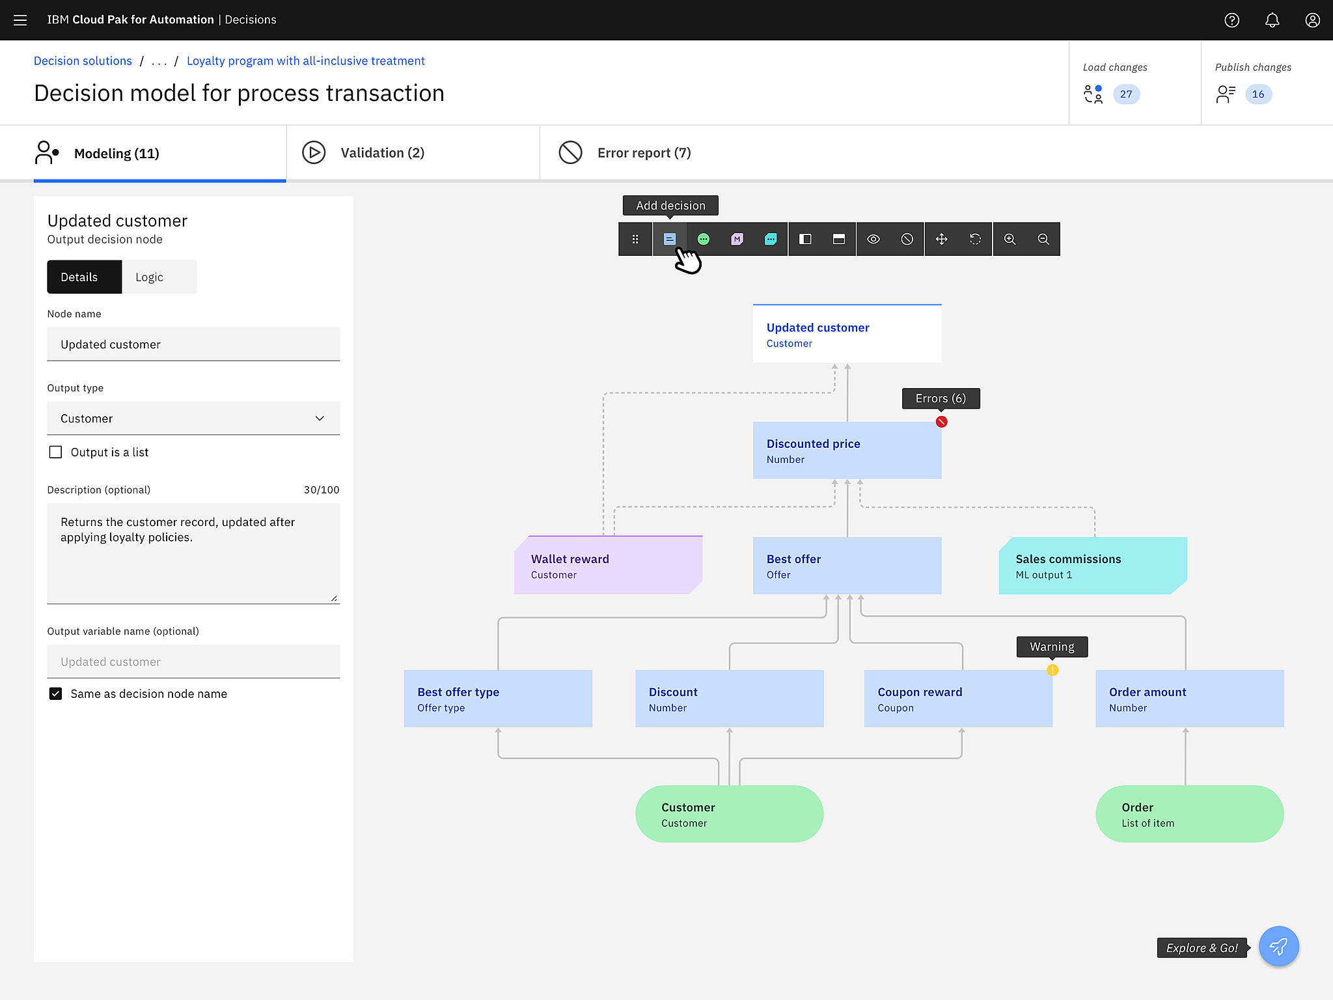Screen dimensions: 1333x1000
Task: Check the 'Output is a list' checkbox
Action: point(56,452)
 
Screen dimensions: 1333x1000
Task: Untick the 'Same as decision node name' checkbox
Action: point(56,693)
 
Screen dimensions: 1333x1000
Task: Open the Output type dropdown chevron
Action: point(320,418)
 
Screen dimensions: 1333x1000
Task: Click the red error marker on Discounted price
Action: point(941,421)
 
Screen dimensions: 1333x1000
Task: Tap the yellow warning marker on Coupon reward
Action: point(1052,670)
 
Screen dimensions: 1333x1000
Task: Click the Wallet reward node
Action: point(608,565)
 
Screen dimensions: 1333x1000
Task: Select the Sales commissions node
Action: point(1093,565)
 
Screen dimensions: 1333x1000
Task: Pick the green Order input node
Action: point(1190,814)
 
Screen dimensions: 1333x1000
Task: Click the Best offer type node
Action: point(498,699)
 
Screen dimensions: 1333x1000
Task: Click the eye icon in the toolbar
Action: point(873,239)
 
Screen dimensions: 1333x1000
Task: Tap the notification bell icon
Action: point(1272,20)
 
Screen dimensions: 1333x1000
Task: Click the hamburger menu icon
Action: point(20,20)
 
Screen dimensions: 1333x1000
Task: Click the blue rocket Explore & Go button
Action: point(1278,946)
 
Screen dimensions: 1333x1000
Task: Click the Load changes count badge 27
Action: point(1126,94)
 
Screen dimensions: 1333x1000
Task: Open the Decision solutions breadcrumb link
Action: point(83,61)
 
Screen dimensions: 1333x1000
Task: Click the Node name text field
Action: point(193,344)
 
